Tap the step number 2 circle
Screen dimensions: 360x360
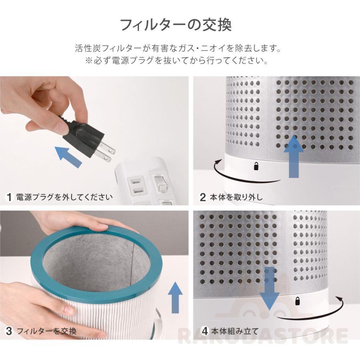tap(203, 197)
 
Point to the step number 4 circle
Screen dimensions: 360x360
tap(205, 331)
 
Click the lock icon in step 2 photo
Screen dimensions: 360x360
tap(256, 166)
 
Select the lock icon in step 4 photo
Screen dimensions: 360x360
tap(297, 300)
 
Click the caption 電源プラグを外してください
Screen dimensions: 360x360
tap(64, 197)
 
